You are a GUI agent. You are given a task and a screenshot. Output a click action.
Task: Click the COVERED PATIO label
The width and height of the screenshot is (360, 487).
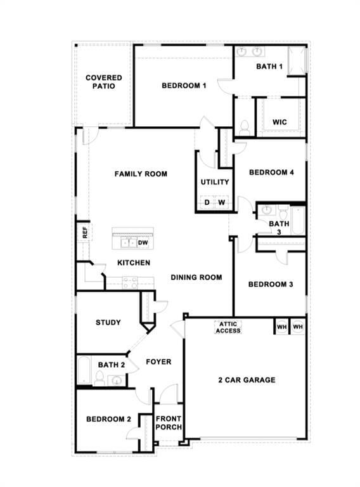[104, 82]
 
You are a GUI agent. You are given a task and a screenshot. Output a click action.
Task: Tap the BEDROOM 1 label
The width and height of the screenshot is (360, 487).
[184, 86]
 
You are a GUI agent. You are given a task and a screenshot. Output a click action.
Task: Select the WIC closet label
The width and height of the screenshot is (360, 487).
[280, 122]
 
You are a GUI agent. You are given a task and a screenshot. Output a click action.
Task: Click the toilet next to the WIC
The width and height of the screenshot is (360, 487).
[245, 127]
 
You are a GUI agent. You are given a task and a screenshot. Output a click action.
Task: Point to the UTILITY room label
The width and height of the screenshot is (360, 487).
[215, 182]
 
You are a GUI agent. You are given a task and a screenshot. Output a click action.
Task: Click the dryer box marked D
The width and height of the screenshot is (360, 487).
[207, 202]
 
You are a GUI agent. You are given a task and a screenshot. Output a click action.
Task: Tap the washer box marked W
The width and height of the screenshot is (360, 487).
[221, 202]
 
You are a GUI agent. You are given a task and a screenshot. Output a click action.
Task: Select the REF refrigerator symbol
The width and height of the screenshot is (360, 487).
[84, 232]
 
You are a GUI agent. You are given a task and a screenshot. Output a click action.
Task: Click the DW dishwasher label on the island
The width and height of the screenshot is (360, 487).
[143, 243]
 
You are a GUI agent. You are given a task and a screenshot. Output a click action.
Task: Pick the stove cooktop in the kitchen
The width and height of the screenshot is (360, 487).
[130, 283]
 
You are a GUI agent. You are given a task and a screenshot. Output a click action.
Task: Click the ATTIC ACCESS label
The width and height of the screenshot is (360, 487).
[228, 327]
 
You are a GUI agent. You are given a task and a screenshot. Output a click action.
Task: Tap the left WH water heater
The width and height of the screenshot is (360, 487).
[282, 327]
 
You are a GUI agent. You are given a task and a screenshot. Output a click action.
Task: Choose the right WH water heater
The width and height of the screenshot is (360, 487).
[298, 327]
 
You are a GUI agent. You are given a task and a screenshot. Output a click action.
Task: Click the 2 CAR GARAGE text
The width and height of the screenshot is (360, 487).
[247, 380]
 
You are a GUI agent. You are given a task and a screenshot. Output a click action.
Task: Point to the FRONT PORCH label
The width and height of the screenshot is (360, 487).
[169, 423]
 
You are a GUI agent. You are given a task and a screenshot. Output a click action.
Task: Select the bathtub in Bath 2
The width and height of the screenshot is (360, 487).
[84, 370]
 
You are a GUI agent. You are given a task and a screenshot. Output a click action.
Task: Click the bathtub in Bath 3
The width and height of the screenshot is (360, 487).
[299, 221]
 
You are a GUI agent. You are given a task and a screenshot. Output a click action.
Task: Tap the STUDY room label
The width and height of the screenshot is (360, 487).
[108, 322]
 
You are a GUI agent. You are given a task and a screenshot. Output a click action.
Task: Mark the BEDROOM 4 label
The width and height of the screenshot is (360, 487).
[271, 172]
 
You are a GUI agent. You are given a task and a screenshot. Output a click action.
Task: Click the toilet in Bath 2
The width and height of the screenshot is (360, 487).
[100, 379]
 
